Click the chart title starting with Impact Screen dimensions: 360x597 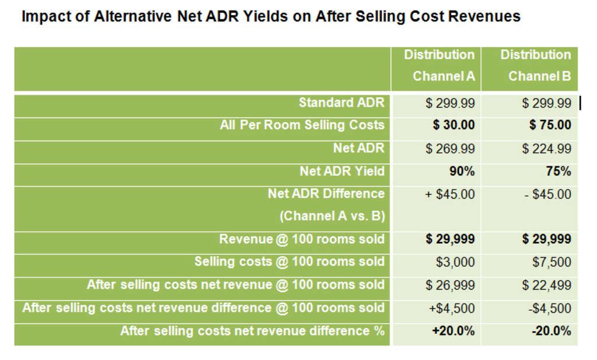[x=271, y=16]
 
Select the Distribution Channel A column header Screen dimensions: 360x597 [x=440, y=65]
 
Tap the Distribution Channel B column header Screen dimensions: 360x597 [x=535, y=65]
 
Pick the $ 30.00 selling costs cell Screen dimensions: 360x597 [x=454, y=125]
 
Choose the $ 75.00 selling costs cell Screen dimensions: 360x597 [x=550, y=125]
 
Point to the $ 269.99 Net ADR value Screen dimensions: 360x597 [x=450, y=148]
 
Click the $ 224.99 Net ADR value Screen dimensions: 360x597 [x=546, y=148]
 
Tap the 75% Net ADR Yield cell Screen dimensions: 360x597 [x=557, y=172]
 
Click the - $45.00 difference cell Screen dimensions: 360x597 [x=547, y=194]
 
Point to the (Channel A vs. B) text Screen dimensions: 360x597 [x=332, y=216]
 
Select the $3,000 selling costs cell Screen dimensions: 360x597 [x=455, y=262]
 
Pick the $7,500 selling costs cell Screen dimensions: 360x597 [x=552, y=262]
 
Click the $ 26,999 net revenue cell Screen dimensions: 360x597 [x=450, y=285]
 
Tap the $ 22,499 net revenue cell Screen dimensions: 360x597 [x=546, y=285]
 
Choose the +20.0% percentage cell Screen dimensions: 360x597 [x=453, y=331]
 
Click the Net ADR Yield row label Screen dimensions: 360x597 [x=342, y=171]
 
